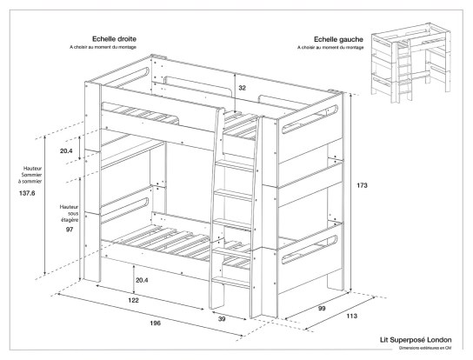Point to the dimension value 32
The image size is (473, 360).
pyautogui.click(x=243, y=88)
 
